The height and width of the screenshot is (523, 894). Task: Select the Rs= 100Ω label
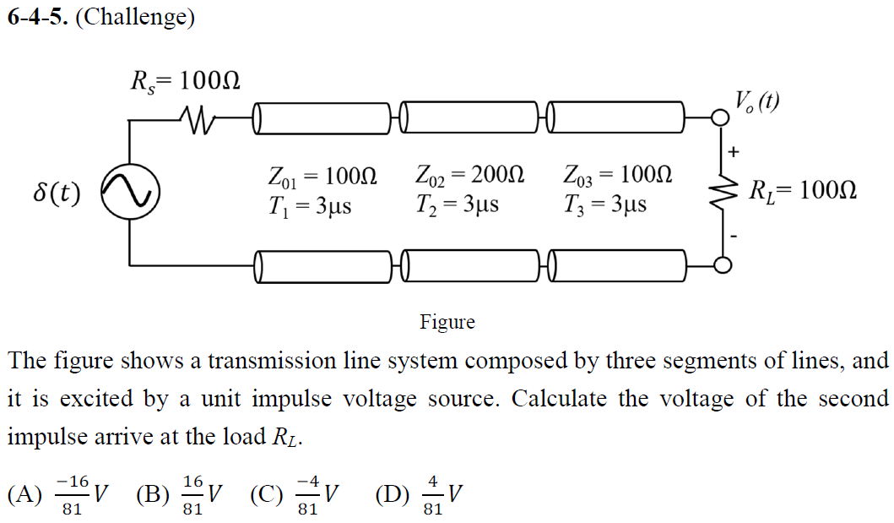point(186,81)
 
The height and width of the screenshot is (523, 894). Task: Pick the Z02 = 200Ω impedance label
point(470,177)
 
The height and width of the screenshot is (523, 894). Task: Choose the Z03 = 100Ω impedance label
point(618,177)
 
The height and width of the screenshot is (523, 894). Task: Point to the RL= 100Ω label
point(803,190)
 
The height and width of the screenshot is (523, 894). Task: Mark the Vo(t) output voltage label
point(756,102)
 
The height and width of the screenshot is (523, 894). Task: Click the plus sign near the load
point(733,153)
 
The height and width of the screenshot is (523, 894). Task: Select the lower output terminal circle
point(721,265)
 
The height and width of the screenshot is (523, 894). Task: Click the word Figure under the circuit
point(447,322)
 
